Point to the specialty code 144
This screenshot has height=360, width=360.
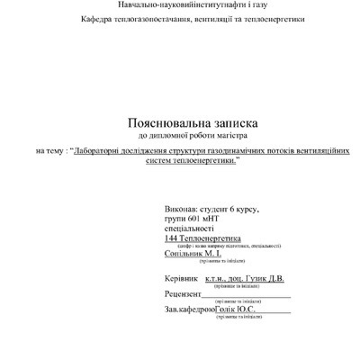click(173, 238)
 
